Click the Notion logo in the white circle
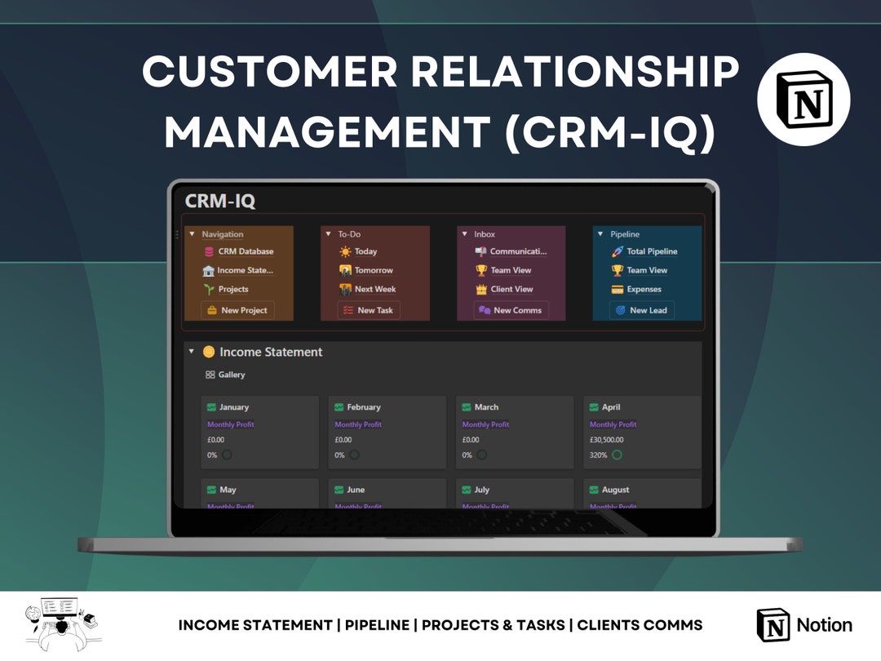tap(804, 100)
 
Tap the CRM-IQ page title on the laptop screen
tap(220, 201)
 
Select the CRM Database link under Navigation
tap(245, 251)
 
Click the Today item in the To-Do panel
tap(365, 251)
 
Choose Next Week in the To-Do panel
tap(374, 289)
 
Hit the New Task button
tap(369, 310)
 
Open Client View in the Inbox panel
tap(511, 289)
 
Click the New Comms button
tap(511, 310)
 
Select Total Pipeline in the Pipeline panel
tap(651, 251)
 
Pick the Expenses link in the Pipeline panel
tap(644, 289)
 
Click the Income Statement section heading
tap(270, 352)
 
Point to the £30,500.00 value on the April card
tap(606, 440)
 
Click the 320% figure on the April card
tap(599, 455)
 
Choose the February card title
tap(363, 407)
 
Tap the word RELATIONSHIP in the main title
tap(574, 72)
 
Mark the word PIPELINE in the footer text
tap(377, 625)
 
